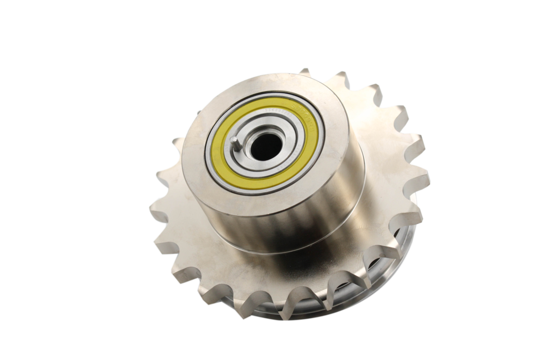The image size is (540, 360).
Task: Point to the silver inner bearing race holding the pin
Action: pyautogui.click(x=243, y=155)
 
